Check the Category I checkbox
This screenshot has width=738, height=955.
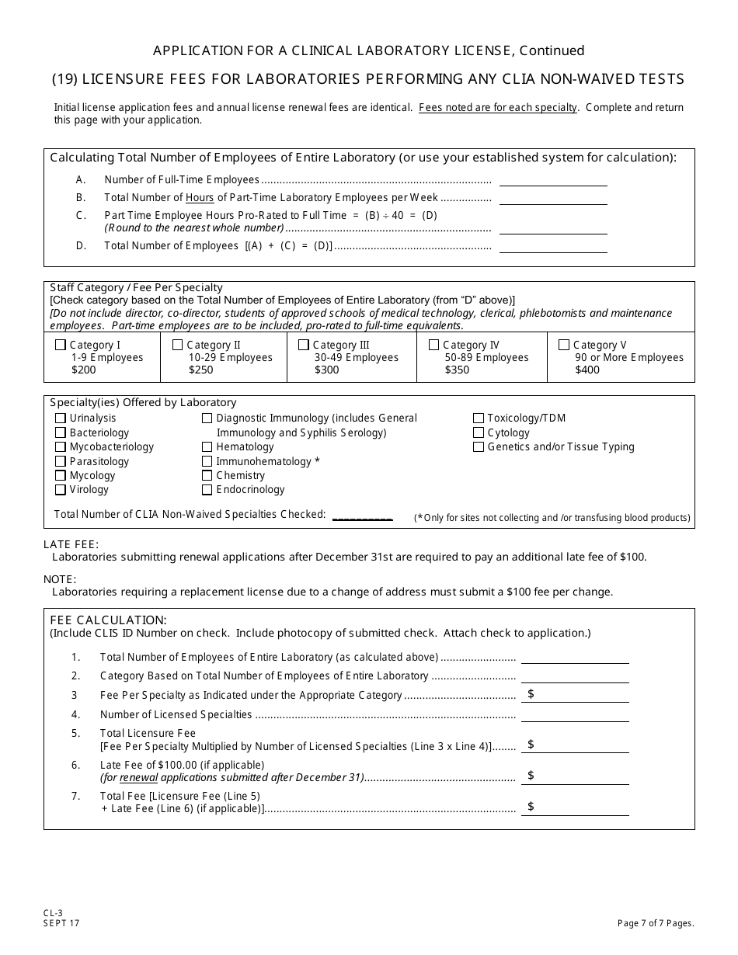click(x=61, y=345)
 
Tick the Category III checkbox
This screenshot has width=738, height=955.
click(x=304, y=345)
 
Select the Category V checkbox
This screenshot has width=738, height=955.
click(x=564, y=345)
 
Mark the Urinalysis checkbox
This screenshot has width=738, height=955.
click(x=61, y=418)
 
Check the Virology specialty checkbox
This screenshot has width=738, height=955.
click(x=61, y=490)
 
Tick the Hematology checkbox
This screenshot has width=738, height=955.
click(x=207, y=447)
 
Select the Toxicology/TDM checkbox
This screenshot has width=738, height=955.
click(x=479, y=418)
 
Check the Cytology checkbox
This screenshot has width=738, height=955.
click(x=479, y=432)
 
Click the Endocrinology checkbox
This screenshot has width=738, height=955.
click(x=207, y=490)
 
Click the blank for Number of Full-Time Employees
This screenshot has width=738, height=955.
click(x=553, y=180)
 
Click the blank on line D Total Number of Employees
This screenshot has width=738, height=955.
click(x=553, y=246)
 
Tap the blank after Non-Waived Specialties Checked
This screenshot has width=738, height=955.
click(x=362, y=515)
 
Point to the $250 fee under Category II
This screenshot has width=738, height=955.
click(x=200, y=370)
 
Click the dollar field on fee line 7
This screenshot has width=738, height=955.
click(x=579, y=807)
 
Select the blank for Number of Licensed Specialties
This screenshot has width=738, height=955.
click(x=575, y=715)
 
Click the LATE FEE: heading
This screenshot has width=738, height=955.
click(x=71, y=544)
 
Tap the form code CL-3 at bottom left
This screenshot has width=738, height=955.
click(x=51, y=914)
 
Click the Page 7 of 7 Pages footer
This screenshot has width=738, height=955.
click(x=655, y=923)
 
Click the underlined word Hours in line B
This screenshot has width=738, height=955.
click(x=200, y=198)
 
